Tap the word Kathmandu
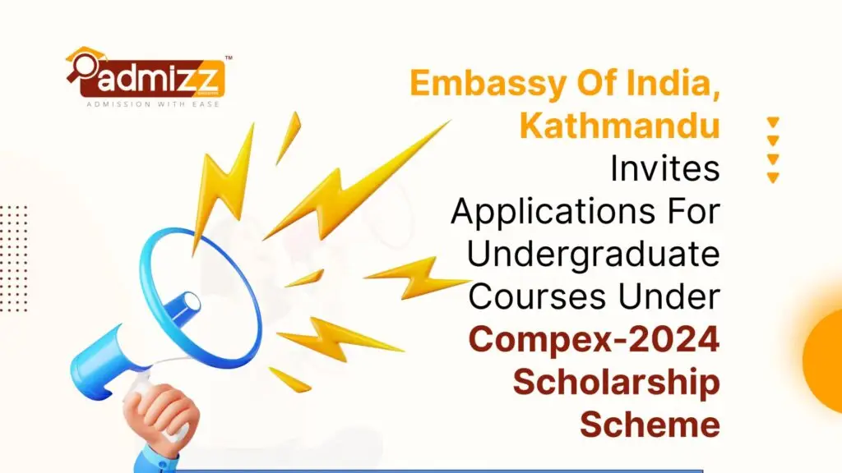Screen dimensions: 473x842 [x=619, y=126]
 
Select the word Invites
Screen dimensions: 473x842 [x=664, y=168]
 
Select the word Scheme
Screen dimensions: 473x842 [x=650, y=424]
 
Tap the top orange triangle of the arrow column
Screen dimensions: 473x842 [x=772, y=122]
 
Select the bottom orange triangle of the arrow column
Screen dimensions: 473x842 [x=772, y=177]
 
